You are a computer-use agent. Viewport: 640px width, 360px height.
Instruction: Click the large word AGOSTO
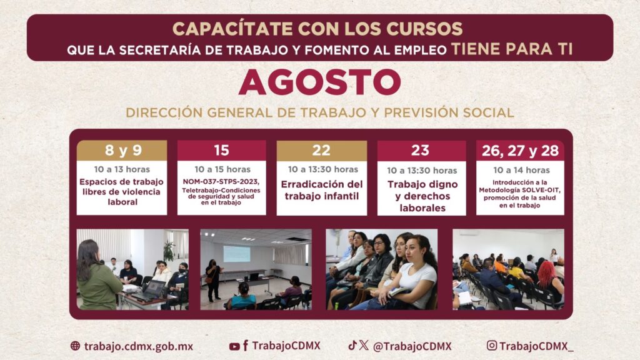(319, 82)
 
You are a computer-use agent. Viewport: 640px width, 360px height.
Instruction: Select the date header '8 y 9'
(123, 150)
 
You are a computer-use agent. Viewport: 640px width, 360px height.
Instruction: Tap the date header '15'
(222, 150)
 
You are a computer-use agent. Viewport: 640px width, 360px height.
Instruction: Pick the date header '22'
(321, 151)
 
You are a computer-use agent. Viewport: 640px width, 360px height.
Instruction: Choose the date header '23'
(420, 151)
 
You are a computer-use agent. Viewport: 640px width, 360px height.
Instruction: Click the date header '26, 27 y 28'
(520, 151)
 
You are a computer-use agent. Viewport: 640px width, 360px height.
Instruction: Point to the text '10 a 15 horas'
(222, 169)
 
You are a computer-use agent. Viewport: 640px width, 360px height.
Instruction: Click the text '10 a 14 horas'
(521, 170)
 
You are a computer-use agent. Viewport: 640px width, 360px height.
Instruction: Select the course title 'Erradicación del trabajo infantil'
(322, 190)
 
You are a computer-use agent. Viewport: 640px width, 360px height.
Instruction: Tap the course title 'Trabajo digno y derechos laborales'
(422, 196)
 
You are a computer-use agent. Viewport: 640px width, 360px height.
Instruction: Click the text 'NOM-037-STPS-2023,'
(221, 182)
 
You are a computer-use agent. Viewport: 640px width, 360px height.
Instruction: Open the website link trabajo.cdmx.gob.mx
(138, 346)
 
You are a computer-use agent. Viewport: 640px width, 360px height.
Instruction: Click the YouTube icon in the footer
(234, 346)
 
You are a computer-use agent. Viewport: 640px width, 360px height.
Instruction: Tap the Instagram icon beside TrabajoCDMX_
(492, 345)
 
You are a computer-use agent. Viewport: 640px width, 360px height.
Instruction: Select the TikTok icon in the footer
(352, 345)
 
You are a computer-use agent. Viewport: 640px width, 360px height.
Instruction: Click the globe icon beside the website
(75, 346)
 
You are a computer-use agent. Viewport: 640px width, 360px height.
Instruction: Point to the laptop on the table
(150, 290)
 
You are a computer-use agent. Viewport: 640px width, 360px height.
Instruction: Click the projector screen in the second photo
(237, 254)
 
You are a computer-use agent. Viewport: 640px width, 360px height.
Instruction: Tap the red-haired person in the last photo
(549, 282)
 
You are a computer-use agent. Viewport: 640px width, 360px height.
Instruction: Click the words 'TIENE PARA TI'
(512, 49)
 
